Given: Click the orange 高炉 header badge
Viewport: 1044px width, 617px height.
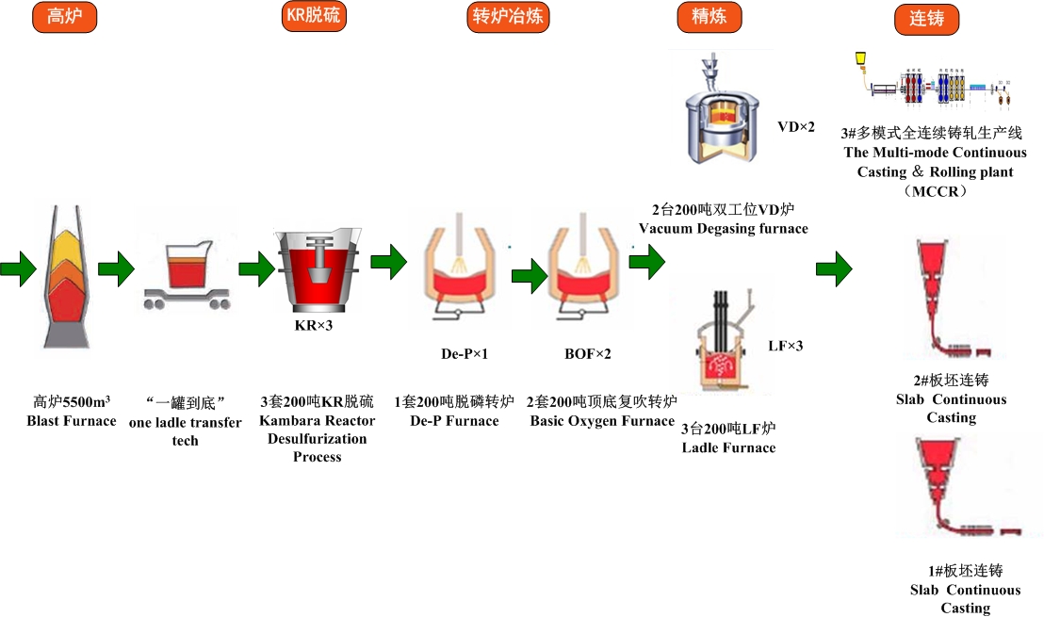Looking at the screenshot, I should [64, 17].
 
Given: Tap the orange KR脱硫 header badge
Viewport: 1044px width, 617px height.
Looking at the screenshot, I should [315, 16].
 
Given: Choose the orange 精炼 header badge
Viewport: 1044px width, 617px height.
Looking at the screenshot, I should [710, 16].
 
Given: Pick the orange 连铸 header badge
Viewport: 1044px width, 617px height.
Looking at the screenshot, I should [926, 19].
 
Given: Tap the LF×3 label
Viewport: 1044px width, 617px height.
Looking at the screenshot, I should [785, 346].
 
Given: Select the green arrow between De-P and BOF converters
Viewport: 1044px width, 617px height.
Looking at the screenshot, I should [529, 275].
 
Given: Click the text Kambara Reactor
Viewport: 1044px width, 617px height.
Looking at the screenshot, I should [317, 421].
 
